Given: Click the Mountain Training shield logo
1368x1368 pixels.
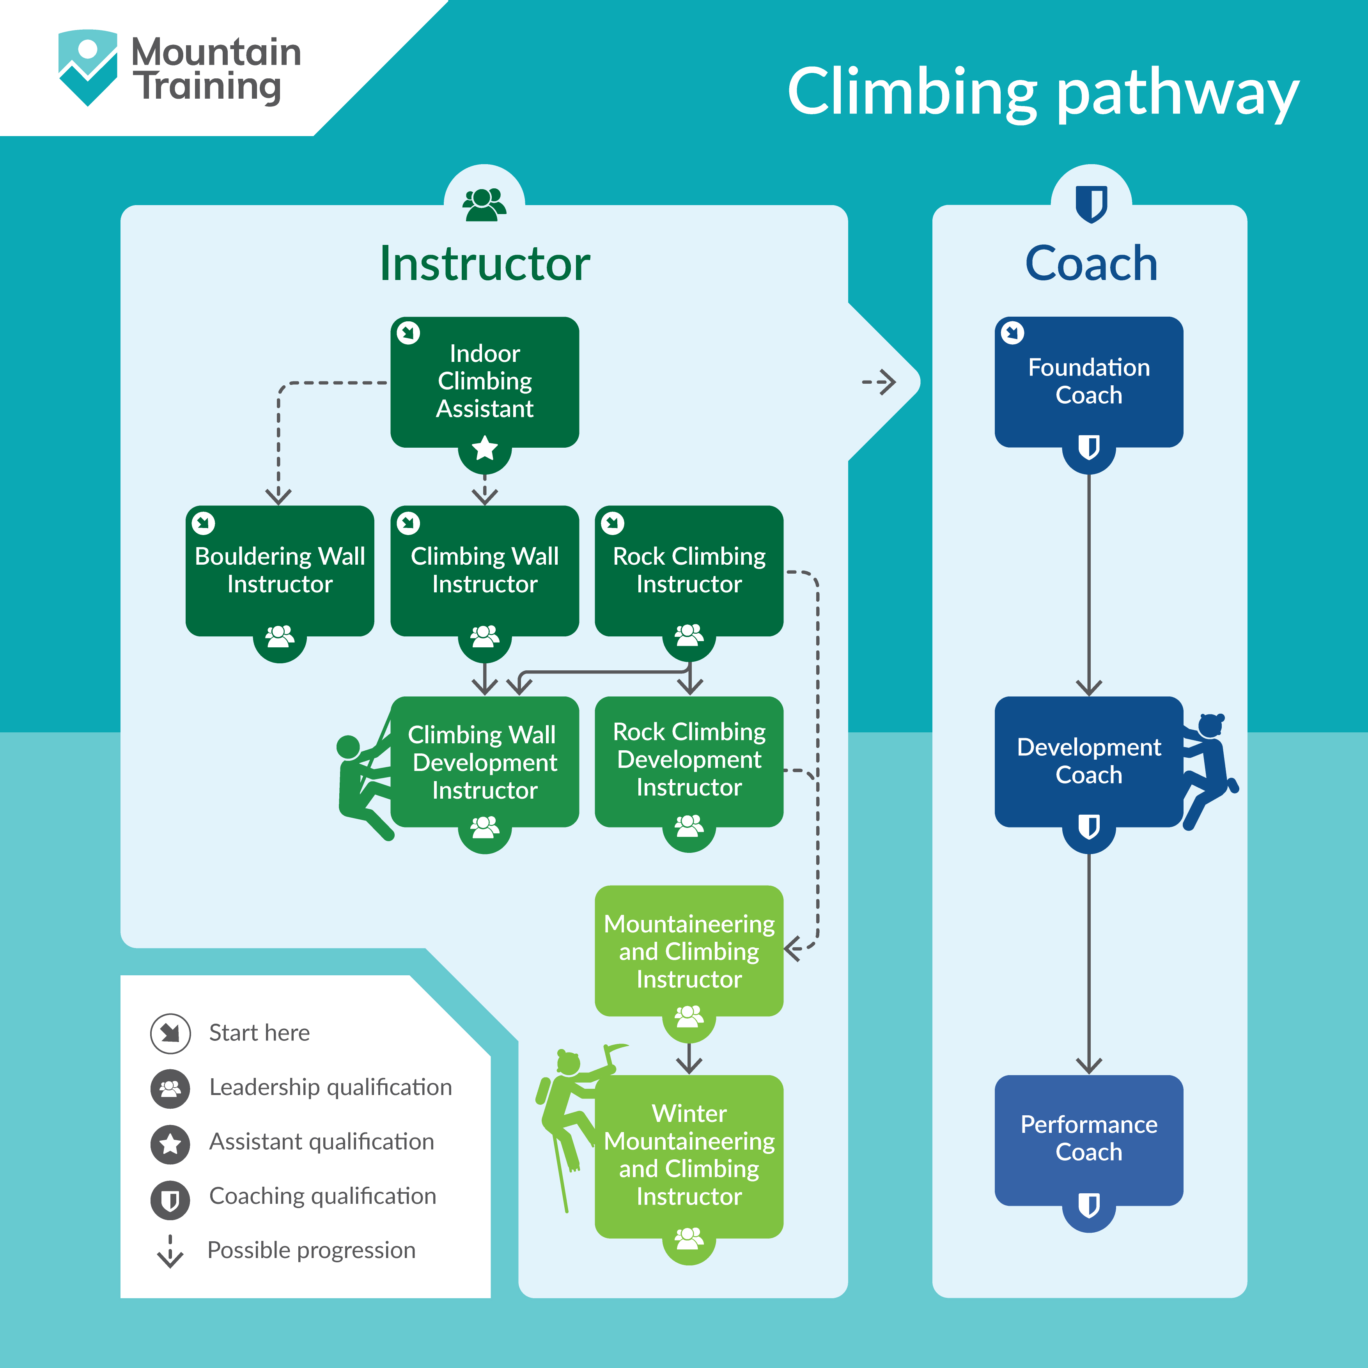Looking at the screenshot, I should pyautogui.click(x=87, y=67).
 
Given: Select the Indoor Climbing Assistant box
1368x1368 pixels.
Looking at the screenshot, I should pyautogui.click(x=484, y=381).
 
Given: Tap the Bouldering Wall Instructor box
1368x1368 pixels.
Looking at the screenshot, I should pyautogui.click(x=280, y=570).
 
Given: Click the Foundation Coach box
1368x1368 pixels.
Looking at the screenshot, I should pyautogui.click(x=1088, y=381).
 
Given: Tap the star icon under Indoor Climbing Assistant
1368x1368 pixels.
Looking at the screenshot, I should pyautogui.click(x=484, y=448).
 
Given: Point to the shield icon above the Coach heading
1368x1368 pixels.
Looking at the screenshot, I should pyautogui.click(x=1090, y=204).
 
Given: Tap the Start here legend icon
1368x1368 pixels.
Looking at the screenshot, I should pyautogui.click(x=170, y=1033).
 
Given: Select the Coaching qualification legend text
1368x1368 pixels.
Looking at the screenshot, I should pyautogui.click(x=322, y=1196).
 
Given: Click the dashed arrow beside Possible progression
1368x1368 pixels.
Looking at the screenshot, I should pyautogui.click(x=170, y=1251).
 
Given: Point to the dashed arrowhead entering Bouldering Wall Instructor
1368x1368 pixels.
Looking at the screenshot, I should pyautogui.click(x=278, y=496).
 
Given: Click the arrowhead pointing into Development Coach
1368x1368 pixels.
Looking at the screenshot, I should pyautogui.click(x=1088, y=687).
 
